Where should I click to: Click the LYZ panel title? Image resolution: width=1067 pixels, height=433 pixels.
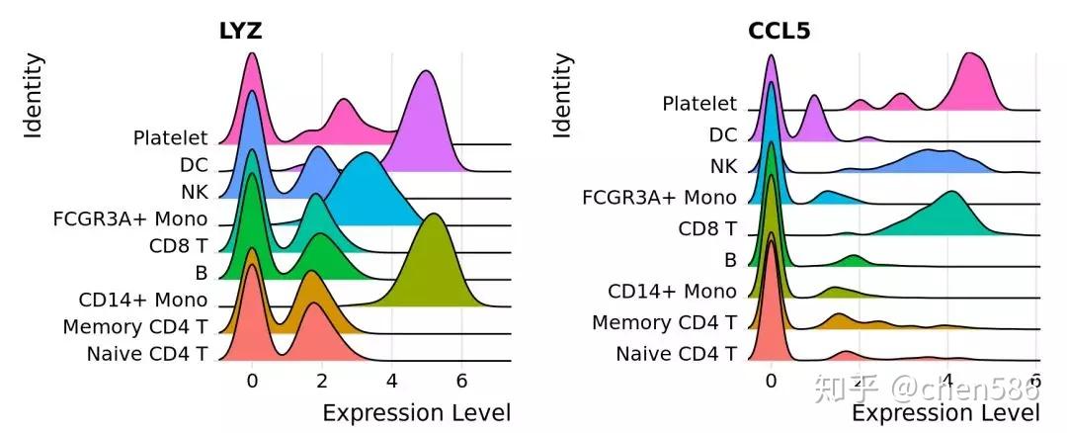[x=240, y=32]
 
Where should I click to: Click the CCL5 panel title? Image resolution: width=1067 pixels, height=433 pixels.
[x=780, y=32]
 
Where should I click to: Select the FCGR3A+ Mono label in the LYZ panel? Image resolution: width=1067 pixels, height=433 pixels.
[x=130, y=218]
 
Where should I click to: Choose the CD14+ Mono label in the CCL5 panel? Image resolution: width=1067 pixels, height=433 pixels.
[x=672, y=292]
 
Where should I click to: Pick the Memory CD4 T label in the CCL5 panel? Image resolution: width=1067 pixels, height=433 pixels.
[x=664, y=322]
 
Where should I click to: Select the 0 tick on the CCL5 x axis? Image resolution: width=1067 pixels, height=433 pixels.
[x=772, y=382]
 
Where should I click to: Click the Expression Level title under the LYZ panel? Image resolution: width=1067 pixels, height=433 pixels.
[x=416, y=412]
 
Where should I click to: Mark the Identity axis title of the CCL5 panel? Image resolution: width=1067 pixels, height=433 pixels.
[x=562, y=95]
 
